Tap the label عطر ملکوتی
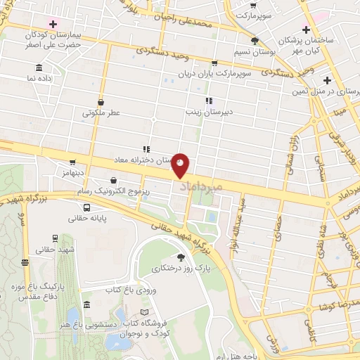(x=102, y=112)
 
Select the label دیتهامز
(x=73, y=172)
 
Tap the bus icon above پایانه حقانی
(x=86, y=207)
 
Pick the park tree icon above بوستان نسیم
(x=255, y=41)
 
